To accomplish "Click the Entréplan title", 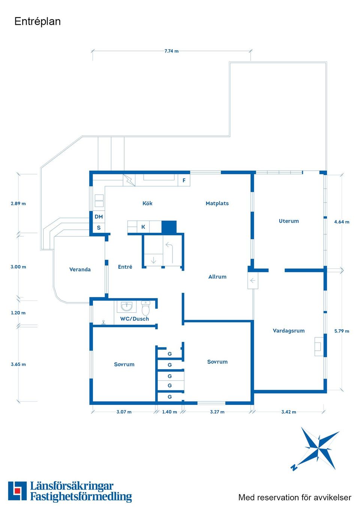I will [x=37, y=21].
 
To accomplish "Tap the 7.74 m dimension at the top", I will [x=171, y=51].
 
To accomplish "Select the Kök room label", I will [x=147, y=203].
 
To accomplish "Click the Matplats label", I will [x=217, y=203].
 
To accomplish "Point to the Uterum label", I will [x=289, y=221].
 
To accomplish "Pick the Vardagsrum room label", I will [x=289, y=331].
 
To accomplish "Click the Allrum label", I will [x=217, y=277].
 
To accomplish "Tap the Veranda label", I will [x=80, y=269].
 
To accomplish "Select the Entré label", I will [x=125, y=267].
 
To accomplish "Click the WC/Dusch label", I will [x=135, y=319].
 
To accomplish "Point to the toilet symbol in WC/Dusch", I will [x=145, y=308].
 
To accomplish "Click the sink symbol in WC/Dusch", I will [x=127, y=307].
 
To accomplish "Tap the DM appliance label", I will [x=99, y=217].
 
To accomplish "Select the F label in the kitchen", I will [x=184, y=180].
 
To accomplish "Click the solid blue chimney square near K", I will [x=169, y=227].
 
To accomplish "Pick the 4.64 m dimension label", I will [x=342, y=222].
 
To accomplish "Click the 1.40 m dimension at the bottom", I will [x=169, y=412].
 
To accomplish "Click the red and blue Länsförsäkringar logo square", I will [x=17, y=491].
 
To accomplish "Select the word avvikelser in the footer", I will [x=332, y=497].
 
